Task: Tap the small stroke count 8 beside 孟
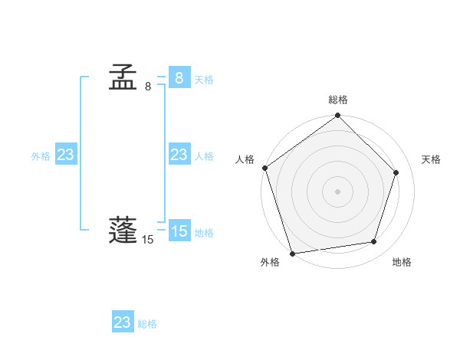coord(148,87)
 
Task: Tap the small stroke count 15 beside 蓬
coord(147,240)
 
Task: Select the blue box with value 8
coord(179,77)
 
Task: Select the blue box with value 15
coord(179,231)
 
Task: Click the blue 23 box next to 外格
coord(65,155)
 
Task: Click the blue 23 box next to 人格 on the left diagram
coord(179,155)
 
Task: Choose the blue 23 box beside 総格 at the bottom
coord(122,322)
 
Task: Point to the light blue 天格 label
coord(204,80)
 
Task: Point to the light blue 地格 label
coord(204,233)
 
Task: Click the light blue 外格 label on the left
coord(41,156)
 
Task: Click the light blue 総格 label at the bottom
coord(147,324)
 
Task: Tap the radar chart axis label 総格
coord(338,100)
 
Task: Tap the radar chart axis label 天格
coord(431,159)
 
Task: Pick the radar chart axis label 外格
coord(270,262)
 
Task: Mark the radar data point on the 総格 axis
coord(338,116)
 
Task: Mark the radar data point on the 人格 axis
coord(265,168)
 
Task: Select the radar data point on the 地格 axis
coord(374,242)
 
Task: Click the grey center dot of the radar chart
coord(338,191)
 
